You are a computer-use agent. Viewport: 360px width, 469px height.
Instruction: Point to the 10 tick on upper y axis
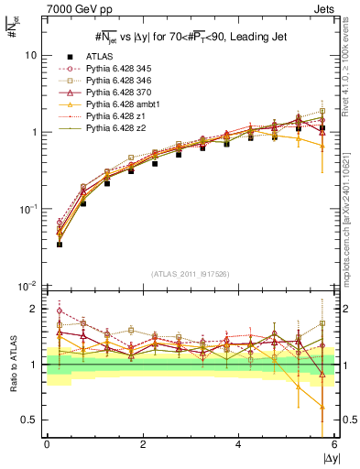(x=31, y=55)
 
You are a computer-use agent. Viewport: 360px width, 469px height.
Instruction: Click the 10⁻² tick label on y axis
(x=27, y=286)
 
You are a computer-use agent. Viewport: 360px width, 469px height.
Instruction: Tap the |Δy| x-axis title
(x=329, y=457)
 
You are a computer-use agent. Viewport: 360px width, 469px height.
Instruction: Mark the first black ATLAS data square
(x=60, y=245)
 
